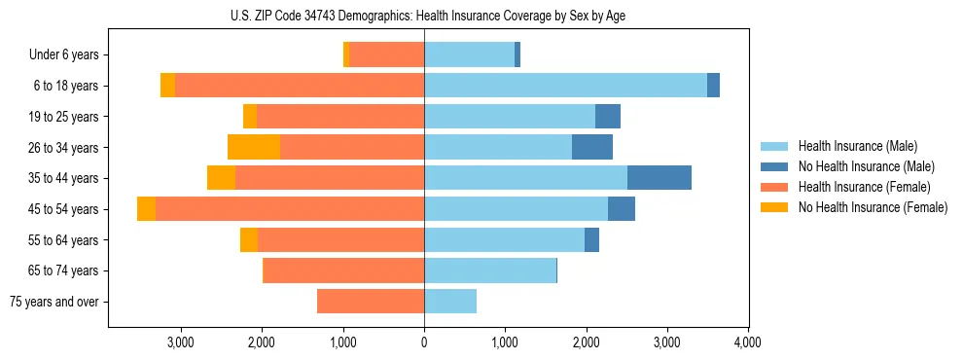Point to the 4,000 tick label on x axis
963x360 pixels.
pos(747,342)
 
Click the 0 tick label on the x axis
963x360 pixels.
pos(424,342)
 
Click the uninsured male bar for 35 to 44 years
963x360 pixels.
pos(660,178)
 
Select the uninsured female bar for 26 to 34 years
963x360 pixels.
pos(254,147)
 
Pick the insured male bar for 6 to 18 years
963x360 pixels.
pos(565,86)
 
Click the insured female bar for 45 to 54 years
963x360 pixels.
pos(290,209)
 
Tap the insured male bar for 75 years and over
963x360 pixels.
pos(450,302)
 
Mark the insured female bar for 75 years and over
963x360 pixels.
pos(371,302)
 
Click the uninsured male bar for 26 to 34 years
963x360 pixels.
pos(592,147)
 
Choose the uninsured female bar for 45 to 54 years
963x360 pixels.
pos(146,209)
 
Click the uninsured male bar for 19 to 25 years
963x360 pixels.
pos(608,117)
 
